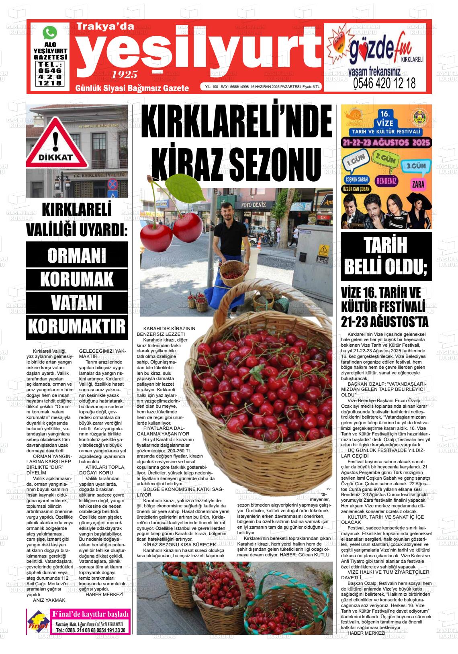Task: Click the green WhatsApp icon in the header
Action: [50, 32]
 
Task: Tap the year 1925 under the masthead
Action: [125, 74]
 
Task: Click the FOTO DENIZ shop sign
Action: [254, 205]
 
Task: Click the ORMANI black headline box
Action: [77, 255]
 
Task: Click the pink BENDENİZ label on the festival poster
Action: [386, 181]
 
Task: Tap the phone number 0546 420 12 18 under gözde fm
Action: [384, 83]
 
